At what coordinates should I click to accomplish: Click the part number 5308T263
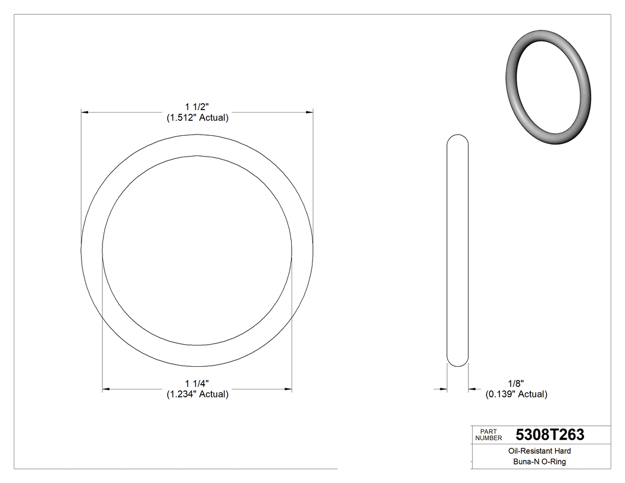click(550, 435)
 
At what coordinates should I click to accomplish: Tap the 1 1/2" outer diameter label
click(197, 107)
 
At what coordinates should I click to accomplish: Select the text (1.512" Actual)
click(197, 118)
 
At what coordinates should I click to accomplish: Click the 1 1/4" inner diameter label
click(197, 383)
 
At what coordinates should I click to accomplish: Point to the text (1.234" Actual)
click(197, 394)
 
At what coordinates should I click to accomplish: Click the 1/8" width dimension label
click(515, 383)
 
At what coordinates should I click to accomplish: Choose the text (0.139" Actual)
click(516, 394)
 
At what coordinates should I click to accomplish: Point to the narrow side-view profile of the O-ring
click(457, 250)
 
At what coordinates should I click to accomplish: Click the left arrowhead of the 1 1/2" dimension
click(85, 111)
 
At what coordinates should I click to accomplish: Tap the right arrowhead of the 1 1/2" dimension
click(310, 111)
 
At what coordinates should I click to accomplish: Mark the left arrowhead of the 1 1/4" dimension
click(107, 389)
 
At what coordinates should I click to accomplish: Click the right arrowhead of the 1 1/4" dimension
click(288, 389)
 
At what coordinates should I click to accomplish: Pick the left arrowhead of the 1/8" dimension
click(443, 389)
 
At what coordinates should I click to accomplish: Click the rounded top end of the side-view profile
click(457, 136)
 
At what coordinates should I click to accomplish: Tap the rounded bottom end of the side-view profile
click(457, 363)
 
